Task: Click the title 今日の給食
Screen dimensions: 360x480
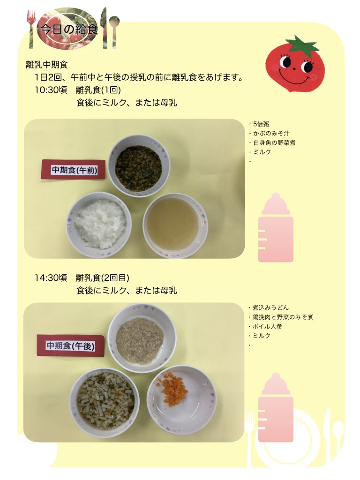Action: [69, 29]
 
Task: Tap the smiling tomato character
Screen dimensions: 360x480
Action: [294, 63]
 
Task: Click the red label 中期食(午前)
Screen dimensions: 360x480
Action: [74, 170]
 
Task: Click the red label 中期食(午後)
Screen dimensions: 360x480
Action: [70, 345]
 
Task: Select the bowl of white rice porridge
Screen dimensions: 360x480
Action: [99, 225]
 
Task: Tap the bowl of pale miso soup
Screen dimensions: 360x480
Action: [175, 225]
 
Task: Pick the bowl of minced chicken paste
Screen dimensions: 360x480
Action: [142, 338]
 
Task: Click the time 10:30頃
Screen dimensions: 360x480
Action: [51, 90]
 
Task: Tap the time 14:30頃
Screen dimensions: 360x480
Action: [51, 277]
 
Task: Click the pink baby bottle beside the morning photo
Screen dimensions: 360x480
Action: [276, 228]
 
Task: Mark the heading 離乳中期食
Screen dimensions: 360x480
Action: [47, 65]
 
